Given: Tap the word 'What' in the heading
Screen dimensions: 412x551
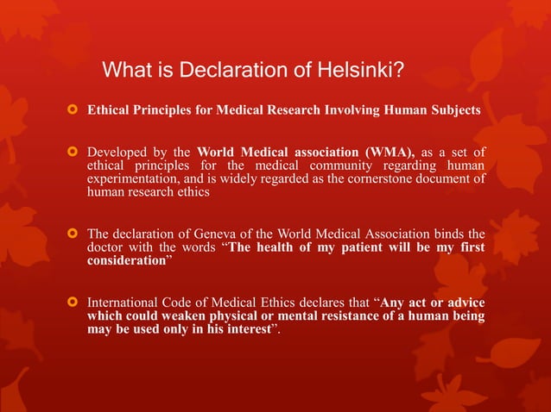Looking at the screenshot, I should click(125, 69).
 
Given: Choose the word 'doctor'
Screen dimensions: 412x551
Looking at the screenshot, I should click(106, 247).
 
